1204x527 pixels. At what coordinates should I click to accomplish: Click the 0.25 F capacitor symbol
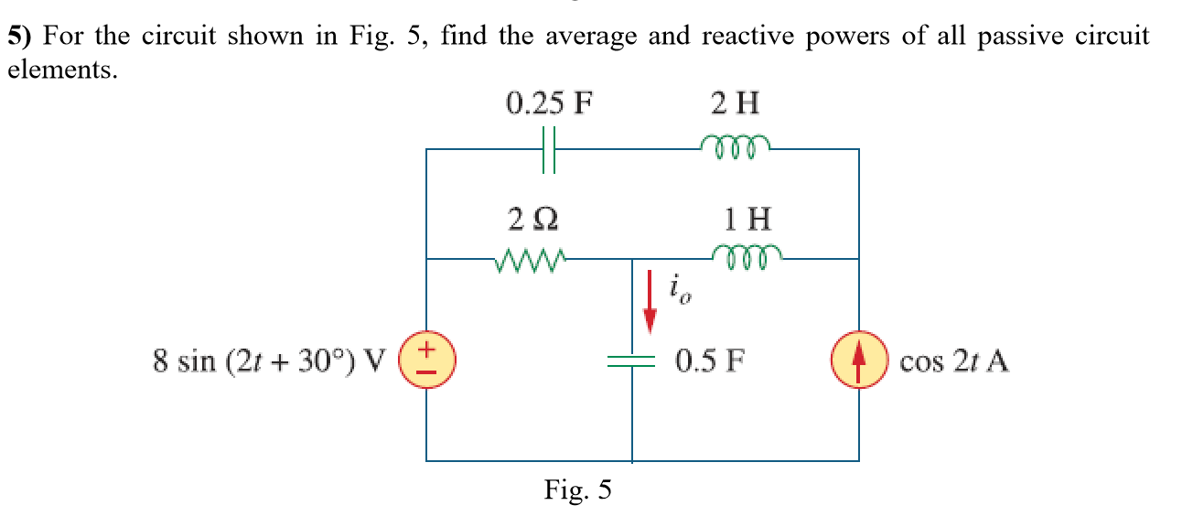[549, 149]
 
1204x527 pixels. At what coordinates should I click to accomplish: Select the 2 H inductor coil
[735, 145]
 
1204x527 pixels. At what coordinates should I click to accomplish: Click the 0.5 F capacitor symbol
[632, 361]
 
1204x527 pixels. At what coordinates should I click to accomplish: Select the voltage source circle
[426, 361]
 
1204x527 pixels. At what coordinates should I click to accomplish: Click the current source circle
[858, 361]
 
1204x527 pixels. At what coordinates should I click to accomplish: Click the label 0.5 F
[709, 361]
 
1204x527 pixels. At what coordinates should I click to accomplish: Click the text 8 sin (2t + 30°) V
[271, 361]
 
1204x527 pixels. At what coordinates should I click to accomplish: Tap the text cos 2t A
[954, 362]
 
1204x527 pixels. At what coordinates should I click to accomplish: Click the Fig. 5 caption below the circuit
[578, 490]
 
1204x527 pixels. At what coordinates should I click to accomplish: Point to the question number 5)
[21, 37]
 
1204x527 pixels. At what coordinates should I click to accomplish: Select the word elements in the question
[62, 70]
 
